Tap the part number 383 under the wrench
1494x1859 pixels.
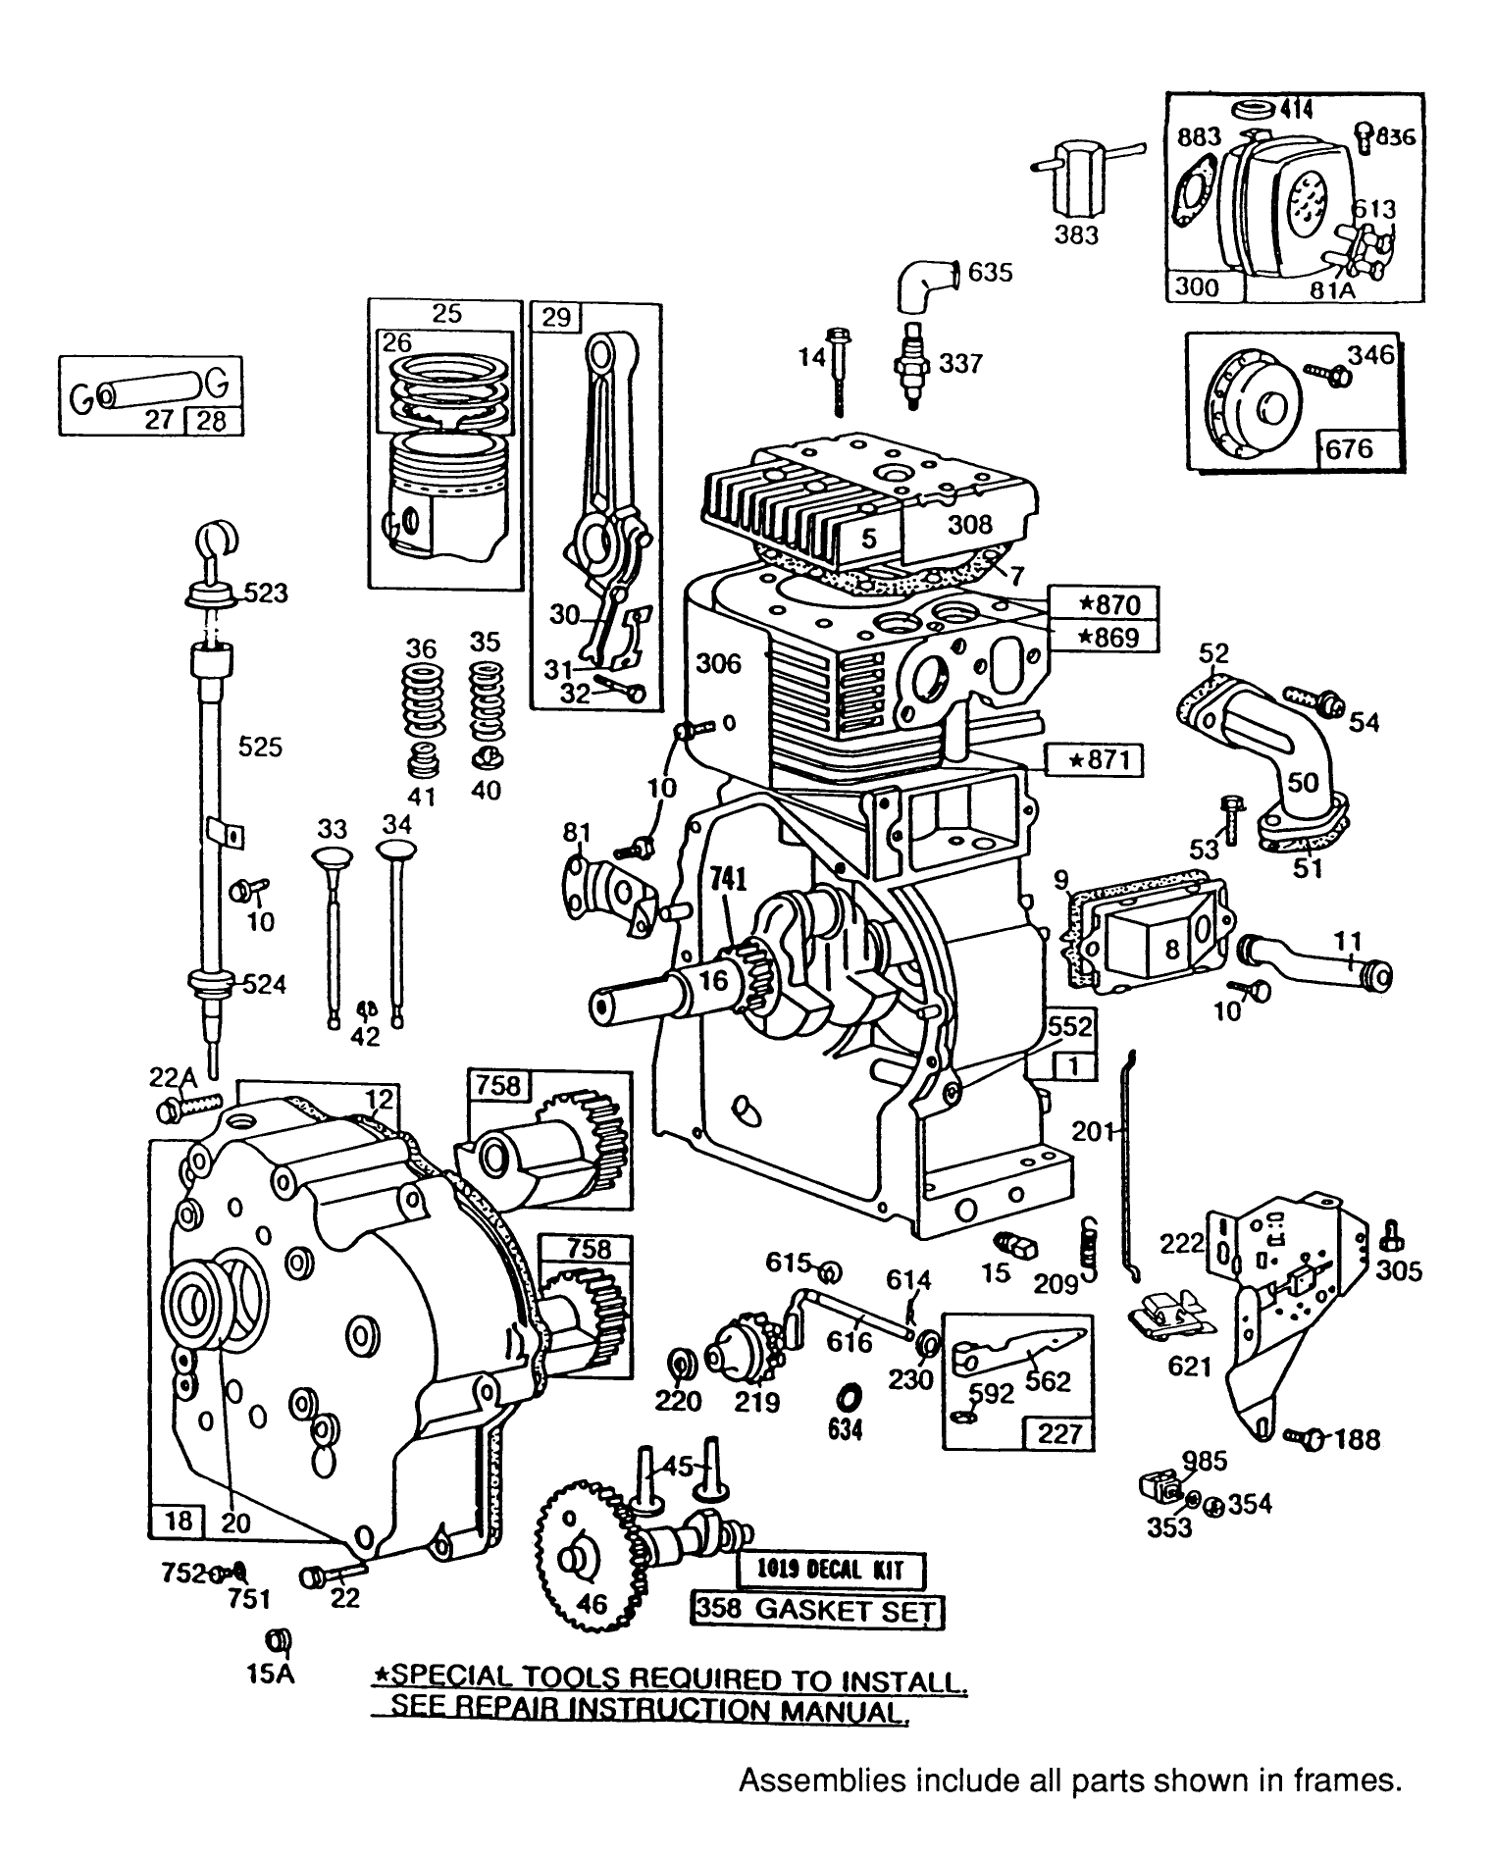(1076, 235)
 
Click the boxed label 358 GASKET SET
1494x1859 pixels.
(816, 1611)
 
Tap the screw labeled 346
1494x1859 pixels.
(1318, 371)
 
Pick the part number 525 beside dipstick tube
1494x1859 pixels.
(260, 748)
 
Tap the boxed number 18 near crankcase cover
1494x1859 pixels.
(177, 1521)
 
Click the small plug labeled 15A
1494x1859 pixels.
(279, 1639)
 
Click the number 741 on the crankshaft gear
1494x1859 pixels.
(722, 879)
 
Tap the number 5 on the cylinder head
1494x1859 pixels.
(868, 538)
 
